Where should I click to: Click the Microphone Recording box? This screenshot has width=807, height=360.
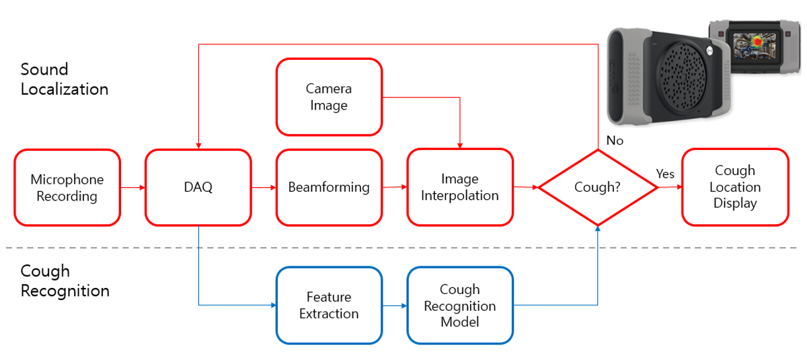pos(67,187)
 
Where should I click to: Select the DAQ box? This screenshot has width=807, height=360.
pos(198,187)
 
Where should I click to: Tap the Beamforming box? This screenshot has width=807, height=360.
pos(329,187)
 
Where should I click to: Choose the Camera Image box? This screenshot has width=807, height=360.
pos(329,97)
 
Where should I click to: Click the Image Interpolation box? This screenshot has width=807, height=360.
pos(460,187)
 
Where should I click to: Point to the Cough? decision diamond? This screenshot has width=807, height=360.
pos(597,187)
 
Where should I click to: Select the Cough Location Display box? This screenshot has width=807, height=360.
pos(735,187)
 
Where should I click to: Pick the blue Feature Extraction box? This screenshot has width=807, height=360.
pos(329,305)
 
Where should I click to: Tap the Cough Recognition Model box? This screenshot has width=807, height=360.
pos(460,305)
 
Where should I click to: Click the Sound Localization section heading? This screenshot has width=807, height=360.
pos(65,79)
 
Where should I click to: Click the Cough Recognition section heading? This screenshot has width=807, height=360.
pos(65,281)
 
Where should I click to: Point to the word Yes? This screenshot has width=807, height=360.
pos(665,174)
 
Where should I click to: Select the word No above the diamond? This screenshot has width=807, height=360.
pos(614,141)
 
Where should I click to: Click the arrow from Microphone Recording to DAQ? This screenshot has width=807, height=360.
pos(133,187)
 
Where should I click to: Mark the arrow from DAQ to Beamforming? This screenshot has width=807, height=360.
pos(264,187)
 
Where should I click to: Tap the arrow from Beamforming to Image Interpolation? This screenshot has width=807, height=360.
pos(394,187)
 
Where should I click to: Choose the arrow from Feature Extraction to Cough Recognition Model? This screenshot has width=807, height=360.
pos(394,305)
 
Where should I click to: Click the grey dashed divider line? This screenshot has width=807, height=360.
pos(403,248)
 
